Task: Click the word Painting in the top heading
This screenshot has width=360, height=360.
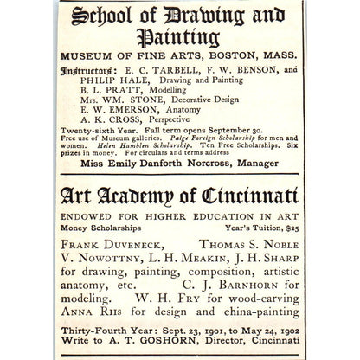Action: (x=180, y=38)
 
